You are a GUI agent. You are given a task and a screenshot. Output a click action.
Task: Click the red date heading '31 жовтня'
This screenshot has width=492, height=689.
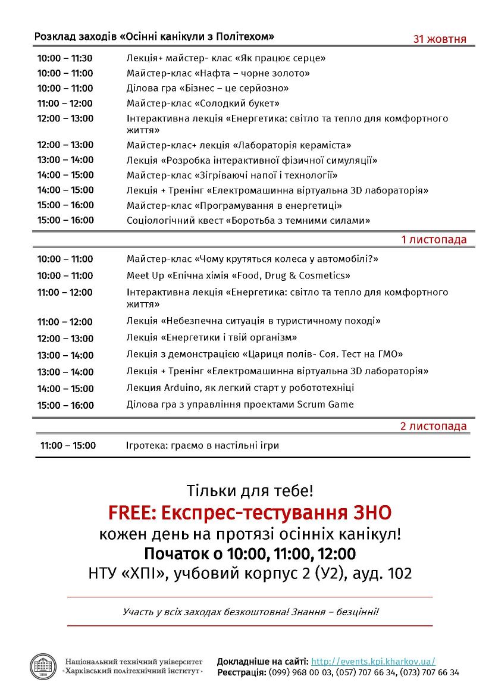(440, 39)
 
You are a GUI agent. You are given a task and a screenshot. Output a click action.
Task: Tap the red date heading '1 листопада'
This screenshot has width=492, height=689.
(434, 240)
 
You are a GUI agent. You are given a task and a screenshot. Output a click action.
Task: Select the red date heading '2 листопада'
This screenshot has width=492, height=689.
(433, 427)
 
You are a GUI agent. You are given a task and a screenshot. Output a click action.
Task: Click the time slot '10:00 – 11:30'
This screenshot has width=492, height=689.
(65, 58)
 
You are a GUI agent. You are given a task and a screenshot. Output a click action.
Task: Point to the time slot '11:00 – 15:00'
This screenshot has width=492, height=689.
(68, 446)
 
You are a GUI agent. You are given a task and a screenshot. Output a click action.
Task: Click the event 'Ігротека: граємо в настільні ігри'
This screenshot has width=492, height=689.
(202, 446)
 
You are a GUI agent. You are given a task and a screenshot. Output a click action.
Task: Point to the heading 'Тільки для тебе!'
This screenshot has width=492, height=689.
(249, 491)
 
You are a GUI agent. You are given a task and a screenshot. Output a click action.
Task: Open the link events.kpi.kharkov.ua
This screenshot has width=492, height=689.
(373, 661)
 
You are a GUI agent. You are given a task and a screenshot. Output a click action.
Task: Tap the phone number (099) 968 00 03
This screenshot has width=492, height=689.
(300, 672)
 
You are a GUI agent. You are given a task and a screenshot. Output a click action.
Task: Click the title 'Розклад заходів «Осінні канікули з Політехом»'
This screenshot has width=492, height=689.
(154, 36)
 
